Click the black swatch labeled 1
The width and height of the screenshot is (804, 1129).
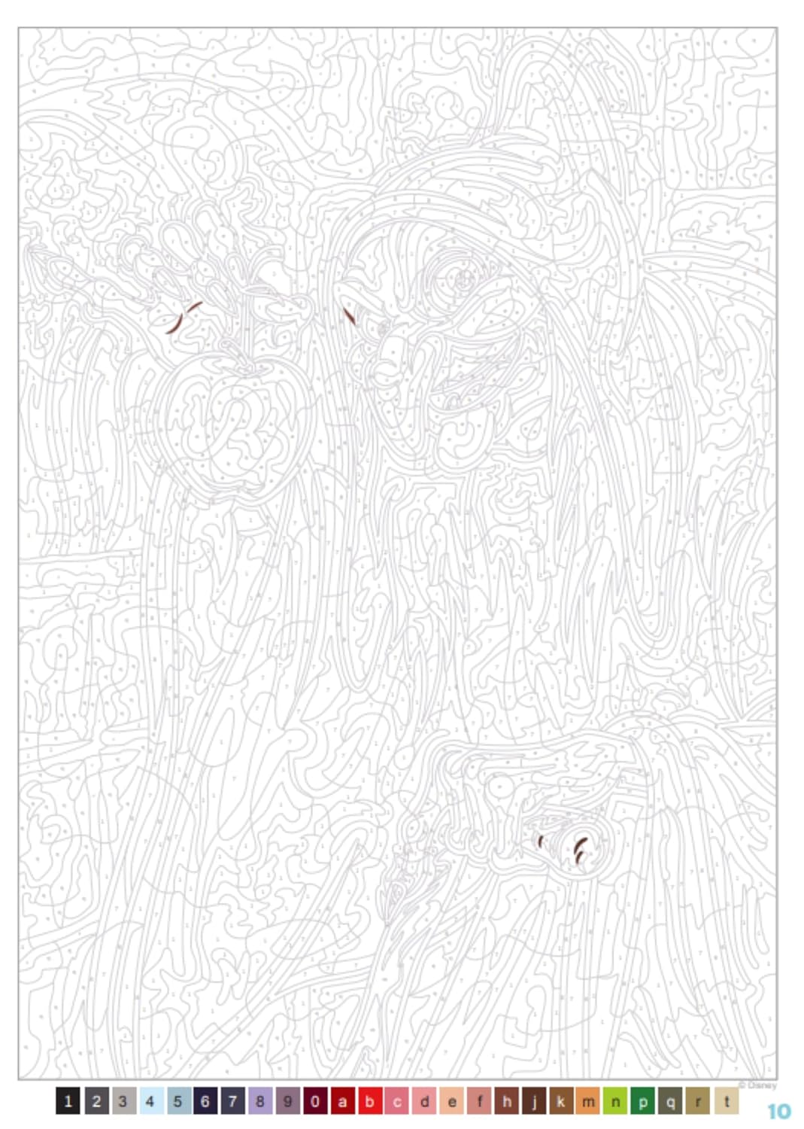coord(68,1101)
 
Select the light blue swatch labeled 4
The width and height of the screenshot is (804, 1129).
coord(150,1101)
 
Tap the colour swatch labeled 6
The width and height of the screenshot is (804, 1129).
coord(205,1101)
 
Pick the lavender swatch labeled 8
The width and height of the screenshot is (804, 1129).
coord(259,1101)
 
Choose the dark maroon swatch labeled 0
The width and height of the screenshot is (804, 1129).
coord(314,1101)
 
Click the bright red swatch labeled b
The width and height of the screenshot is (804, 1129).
coord(369,1101)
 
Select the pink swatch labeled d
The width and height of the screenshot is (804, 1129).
coord(424,1101)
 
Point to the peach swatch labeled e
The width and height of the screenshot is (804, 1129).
coord(451,1101)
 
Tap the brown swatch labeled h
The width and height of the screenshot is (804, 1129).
coord(506,1101)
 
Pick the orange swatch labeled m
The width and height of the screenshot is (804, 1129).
coord(588,1101)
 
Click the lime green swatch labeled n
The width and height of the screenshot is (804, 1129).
coord(615,1101)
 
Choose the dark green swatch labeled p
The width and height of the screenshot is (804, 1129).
coord(643,1101)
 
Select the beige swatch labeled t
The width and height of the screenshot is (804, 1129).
coord(726,1101)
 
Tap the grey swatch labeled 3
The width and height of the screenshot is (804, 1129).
coord(123,1101)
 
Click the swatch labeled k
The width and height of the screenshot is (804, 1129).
coord(561,1101)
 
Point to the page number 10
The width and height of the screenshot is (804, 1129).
coord(779,1111)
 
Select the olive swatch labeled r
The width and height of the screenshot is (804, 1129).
coord(698,1101)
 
